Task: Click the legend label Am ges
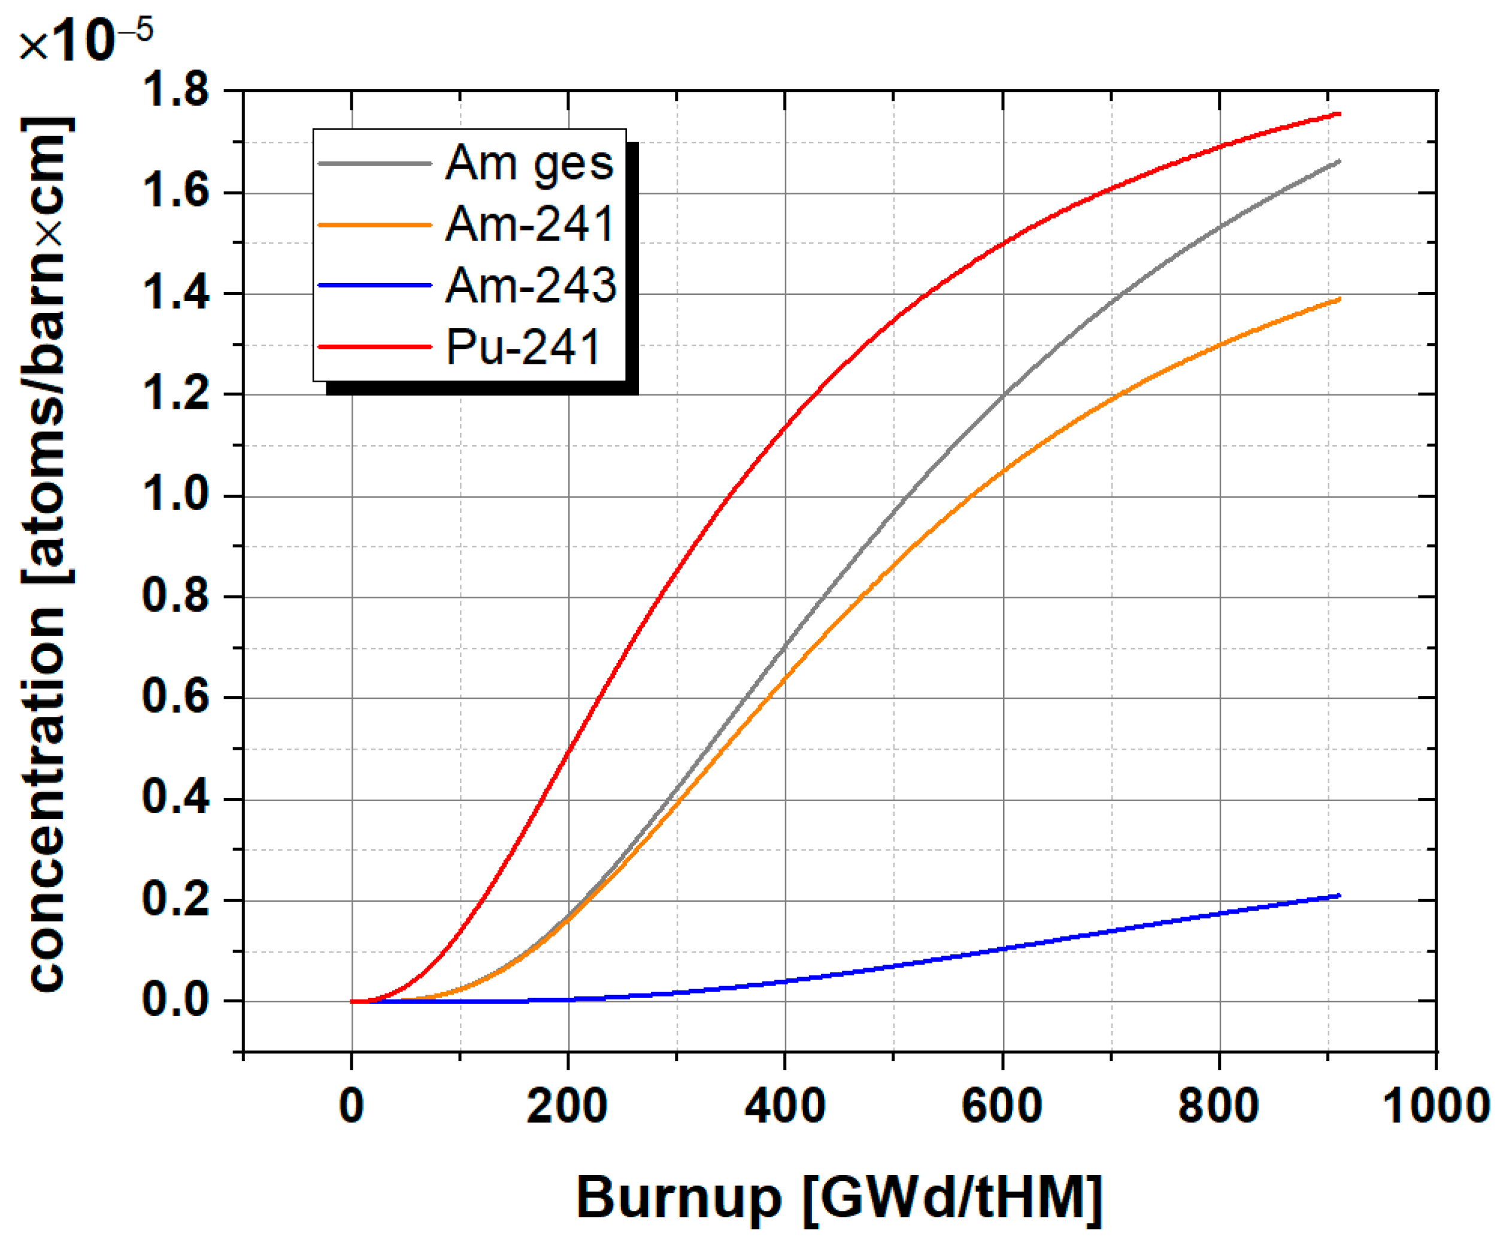pyautogui.click(x=529, y=164)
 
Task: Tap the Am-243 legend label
pyautogui.click(x=531, y=285)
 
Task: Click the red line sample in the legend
pyautogui.click(x=375, y=347)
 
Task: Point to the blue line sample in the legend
pyautogui.click(x=375, y=285)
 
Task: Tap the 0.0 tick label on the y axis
pyautogui.click(x=176, y=1000)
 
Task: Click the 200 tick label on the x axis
pyautogui.click(x=568, y=1106)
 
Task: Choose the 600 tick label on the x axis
pyautogui.click(x=1002, y=1106)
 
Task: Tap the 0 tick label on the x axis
pyautogui.click(x=351, y=1106)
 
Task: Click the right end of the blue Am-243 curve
pyautogui.click(x=1340, y=896)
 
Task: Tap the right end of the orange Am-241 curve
pyautogui.click(x=1340, y=299)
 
